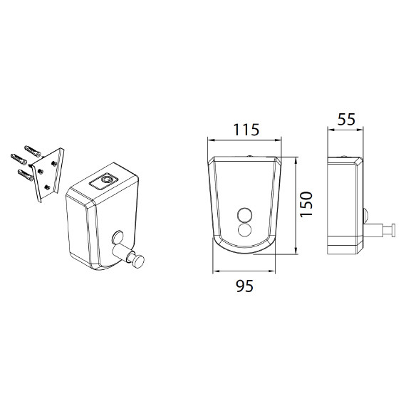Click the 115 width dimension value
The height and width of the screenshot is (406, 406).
(246, 130)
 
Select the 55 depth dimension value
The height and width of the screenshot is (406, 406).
(347, 120)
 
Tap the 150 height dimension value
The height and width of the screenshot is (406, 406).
(306, 204)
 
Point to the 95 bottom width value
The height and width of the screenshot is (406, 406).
(245, 286)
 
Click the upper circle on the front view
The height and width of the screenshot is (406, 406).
(245, 215)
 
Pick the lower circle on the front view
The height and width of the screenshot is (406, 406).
(245, 229)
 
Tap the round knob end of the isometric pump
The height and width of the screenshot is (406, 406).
(138, 261)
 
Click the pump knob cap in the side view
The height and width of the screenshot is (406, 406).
(393, 230)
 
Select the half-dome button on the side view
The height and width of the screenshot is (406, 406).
(365, 214)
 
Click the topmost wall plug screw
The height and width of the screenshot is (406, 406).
(33, 151)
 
